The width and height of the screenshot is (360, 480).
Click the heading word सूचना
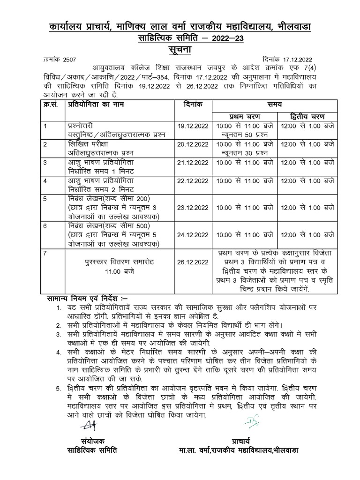(180, 50)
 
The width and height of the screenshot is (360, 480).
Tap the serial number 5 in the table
(45, 199)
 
